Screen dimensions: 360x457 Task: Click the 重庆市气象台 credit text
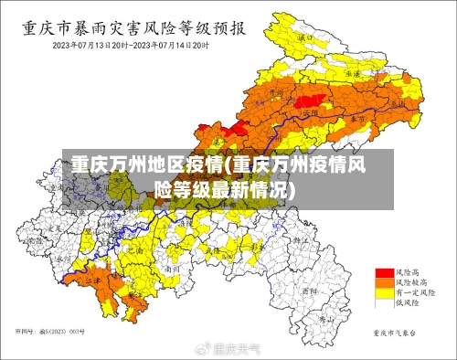395,333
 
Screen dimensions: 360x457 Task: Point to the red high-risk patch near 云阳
311,98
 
